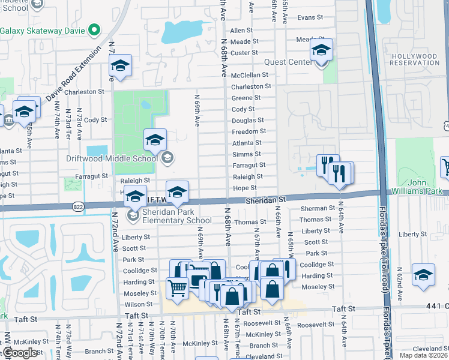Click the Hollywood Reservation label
(x=414, y=59)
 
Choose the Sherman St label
(x=313, y=208)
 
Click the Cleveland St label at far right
(x=429, y=348)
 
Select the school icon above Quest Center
(x=321, y=50)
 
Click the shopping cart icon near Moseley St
(x=177, y=289)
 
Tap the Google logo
(x=20, y=353)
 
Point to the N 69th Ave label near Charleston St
(x=197, y=109)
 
